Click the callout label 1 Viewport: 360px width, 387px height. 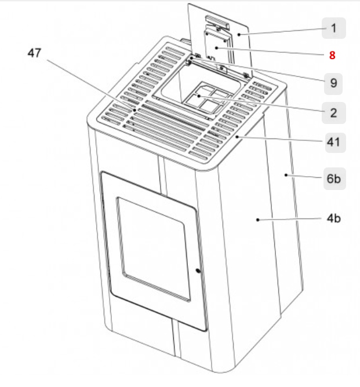(333, 28)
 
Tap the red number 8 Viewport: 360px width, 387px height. (332, 56)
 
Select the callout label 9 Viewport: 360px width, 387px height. (333, 83)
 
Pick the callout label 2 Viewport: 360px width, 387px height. (333, 112)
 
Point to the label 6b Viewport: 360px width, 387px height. (333, 179)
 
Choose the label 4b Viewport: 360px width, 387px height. (333, 218)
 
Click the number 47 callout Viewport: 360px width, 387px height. (35, 53)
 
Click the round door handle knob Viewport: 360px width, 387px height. (198, 271)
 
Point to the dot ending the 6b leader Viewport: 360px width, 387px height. (286, 173)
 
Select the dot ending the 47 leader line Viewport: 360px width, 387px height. (134, 109)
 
